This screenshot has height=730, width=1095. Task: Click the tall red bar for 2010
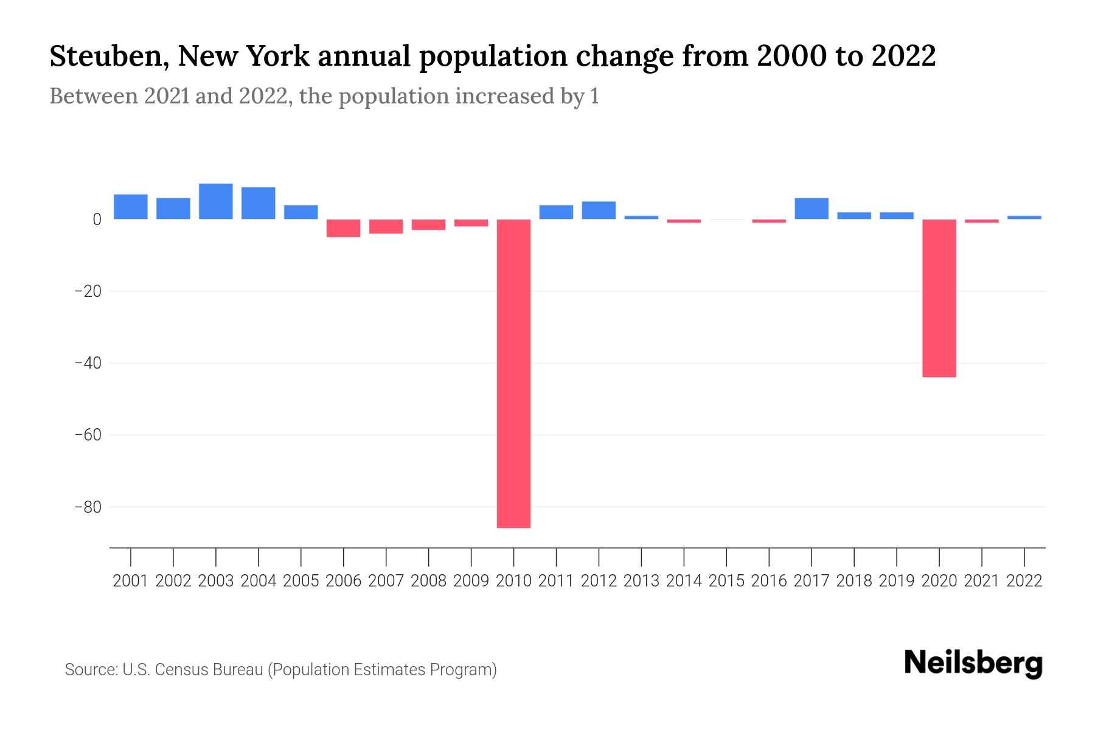[513, 373]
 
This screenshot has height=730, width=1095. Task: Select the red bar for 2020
[939, 298]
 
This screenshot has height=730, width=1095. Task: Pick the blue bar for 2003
[216, 201]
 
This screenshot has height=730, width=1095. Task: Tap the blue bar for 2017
[811, 209]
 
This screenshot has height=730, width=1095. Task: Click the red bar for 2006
[343, 228]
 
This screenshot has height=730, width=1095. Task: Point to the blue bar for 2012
[599, 210]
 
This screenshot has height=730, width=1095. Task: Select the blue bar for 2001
[131, 207]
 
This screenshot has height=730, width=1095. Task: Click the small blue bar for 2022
[1024, 217]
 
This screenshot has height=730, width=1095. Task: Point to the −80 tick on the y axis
[88, 507]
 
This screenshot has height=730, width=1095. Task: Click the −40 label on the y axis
[88, 363]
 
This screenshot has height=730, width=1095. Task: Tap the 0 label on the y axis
[97, 220]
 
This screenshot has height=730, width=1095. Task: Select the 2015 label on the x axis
[726, 581]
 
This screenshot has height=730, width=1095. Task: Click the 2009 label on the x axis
[471, 581]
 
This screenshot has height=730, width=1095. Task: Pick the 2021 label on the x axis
[981, 581]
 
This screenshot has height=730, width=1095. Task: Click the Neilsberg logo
[973, 663]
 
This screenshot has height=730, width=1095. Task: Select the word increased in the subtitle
[499, 96]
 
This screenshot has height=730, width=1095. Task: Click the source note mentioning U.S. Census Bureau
[280, 670]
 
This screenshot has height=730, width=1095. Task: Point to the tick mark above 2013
[641, 557]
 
